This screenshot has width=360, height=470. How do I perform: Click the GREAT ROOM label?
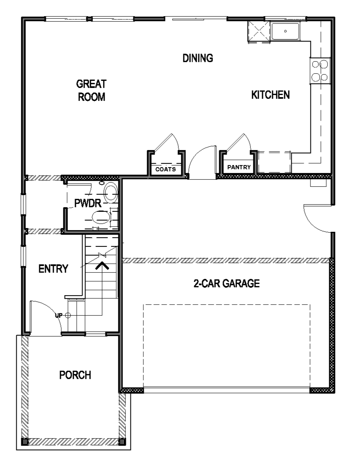91,90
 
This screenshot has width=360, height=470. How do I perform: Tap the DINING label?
197,58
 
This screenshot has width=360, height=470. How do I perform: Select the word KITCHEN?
270,95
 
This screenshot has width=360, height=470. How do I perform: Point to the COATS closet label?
165,169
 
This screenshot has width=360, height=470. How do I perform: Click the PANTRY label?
239,167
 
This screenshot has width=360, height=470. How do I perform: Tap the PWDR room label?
88,204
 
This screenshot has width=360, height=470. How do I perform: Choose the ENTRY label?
53,269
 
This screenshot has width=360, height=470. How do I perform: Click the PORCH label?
75,375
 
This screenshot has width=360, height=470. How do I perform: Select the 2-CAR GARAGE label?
226,283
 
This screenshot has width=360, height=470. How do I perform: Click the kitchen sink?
285,31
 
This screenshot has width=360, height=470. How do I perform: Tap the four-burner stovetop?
320,71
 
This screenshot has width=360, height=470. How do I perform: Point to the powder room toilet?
102,217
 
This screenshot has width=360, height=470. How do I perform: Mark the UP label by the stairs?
59,315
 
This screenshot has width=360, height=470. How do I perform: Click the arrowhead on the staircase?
102,266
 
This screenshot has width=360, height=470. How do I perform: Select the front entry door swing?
45,317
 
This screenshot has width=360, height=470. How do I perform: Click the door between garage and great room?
202,162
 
